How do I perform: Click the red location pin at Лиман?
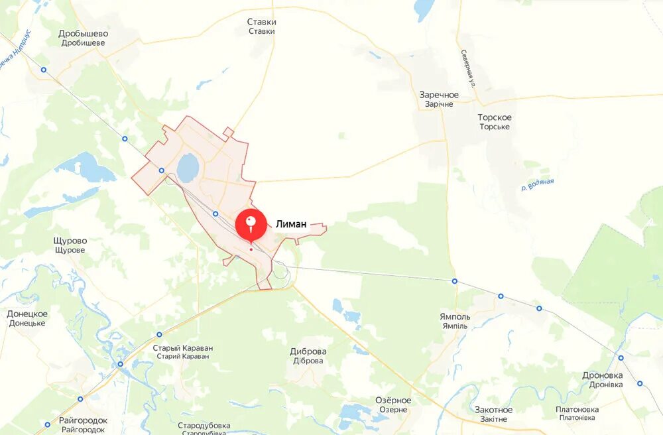(251, 224)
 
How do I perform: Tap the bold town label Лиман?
(291, 224)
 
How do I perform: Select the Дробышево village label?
(84, 38)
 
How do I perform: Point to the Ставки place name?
(261, 26)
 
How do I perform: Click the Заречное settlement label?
(438, 99)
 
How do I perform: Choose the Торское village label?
(495, 121)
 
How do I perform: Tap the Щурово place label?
(70, 245)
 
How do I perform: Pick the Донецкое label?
(27, 318)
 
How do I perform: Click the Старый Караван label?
(182, 351)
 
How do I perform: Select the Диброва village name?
(308, 355)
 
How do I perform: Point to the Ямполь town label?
(455, 320)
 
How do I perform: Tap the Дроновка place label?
(602, 379)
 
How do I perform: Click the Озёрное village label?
(393, 404)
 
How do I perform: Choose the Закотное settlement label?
(493, 414)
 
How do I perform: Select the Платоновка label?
(577, 413)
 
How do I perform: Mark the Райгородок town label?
(83, 424)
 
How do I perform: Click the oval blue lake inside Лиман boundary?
(188, 168)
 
